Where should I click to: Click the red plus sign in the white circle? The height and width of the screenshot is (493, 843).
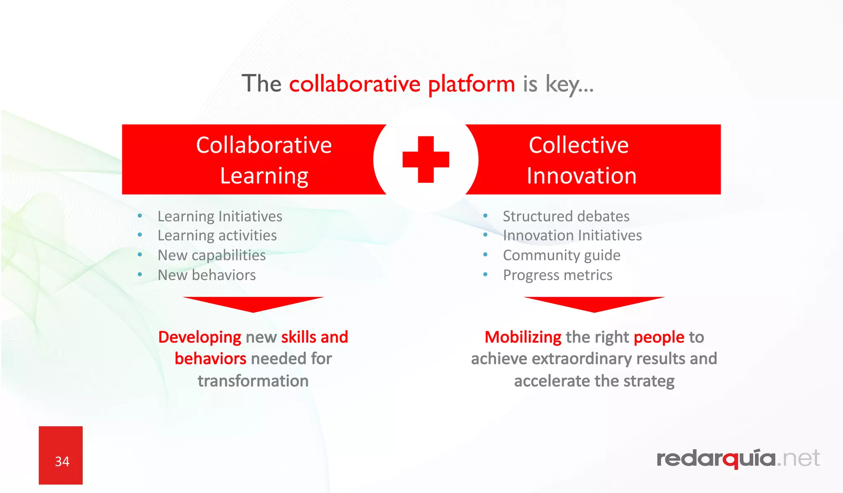point(426,159)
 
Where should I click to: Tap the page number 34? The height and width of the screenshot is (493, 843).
point(62,461)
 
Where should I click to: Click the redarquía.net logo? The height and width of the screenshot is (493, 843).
point(738,458)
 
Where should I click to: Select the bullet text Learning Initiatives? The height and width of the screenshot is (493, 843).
point(220,216)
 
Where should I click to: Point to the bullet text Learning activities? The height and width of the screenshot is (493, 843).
point(217,236)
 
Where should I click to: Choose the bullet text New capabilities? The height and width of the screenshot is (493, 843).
point(212,255)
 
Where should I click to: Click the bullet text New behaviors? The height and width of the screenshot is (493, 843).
point(207,275)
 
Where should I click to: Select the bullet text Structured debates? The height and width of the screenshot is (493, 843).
point(566,216)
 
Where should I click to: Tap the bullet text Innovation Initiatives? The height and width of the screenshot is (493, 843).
point(572,236)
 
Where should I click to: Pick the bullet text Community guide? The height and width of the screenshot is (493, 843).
point(561,255)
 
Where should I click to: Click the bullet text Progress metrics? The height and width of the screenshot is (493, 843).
point(557,275)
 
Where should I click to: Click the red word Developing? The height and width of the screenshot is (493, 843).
point(200,337)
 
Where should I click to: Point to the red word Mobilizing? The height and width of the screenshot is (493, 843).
point(523,337)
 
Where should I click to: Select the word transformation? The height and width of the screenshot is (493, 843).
point(253,381)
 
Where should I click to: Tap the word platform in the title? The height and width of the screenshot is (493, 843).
point(471,84)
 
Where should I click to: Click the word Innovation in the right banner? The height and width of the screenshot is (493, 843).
point(582,176)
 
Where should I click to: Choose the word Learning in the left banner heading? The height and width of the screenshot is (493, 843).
point(264,176)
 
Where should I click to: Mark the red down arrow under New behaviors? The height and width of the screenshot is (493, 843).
point(254,304)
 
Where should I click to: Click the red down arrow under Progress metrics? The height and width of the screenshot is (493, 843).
point(594,304)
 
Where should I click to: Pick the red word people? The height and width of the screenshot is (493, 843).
point(659,337)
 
